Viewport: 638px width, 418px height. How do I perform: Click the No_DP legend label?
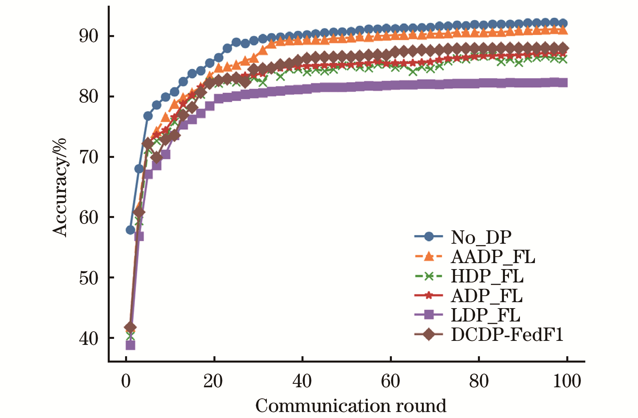pyautogui.click(x=481, y=237)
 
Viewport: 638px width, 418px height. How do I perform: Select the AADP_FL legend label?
pyautogui.click(x=493, y=257)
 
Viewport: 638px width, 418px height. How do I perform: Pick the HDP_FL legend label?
pyautogui.click(x=487, y=276)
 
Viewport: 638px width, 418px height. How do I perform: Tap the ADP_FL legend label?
pyautogui.click(x=486, y=295)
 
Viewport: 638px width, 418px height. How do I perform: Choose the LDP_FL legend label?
pyautogui.click(x=485, y=315)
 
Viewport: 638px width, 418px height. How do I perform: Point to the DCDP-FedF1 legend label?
pyautogui.click(x=507, y=334)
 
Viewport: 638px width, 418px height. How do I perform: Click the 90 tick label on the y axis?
pyautogui.click(x=89, y=36)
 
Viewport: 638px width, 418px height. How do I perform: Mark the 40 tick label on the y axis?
pyautogui.click(x=89, y=338)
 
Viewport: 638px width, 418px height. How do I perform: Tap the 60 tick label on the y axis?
pyautogui.click(x=89, y=217)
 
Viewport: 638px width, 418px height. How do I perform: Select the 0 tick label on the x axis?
pyautogui.click(x=126, y=381)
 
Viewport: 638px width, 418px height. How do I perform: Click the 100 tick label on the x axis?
pyautogui.click(x=567, y=381)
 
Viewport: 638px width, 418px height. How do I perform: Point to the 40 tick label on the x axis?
pyautogui.click(x=302, y=381)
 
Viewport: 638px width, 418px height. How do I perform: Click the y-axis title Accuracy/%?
pyautogui.click(x=60, y=187)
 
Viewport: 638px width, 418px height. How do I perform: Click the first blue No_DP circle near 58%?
pyautogui.click(x=130, y=230)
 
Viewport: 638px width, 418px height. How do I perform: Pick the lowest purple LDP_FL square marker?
pyautogui.click(x=130, y=345)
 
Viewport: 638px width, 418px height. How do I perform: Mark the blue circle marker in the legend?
pyautogui.click(x=429, y=237)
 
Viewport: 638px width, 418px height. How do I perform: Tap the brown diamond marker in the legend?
pyautogui.click(x=429, y=334)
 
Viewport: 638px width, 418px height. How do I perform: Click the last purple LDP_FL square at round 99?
pyautogui.click(x=563, y=82)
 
